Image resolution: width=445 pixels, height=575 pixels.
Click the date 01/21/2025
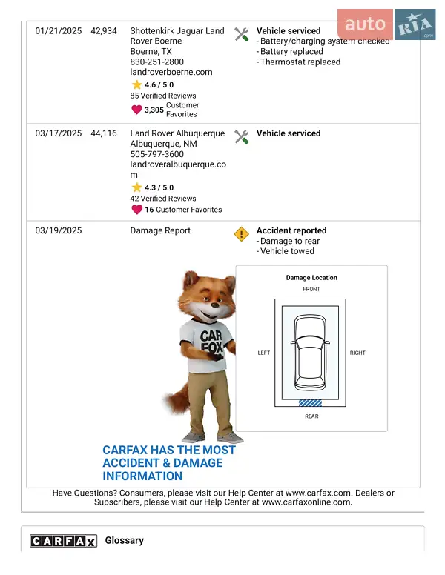(x=59, y=31)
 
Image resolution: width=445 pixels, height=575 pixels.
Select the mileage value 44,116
(x=104, y=133)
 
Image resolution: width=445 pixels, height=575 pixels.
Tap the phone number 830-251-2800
(x=156, y=62)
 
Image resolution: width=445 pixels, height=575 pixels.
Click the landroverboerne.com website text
(x=171, y=73)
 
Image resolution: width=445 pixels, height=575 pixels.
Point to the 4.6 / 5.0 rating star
(x=136, y=85)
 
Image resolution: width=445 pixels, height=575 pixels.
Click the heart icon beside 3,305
(x=136, y=110)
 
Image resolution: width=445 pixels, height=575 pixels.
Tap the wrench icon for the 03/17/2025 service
(x=241, y=136)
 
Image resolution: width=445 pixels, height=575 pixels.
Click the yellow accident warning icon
(x=241, y=234)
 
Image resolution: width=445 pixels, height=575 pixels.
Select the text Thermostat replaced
(x=300, y=62)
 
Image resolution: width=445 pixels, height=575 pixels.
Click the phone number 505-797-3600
(x=156, y=154)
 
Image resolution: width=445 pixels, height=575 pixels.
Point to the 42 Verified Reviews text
(x=163, y=199)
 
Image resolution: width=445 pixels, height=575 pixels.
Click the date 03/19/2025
(x=59, y=230)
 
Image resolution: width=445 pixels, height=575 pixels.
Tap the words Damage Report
(x=160, y=230)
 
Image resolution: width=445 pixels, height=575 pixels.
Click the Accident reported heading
(x=291, y=230)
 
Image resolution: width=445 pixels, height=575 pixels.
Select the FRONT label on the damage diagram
(x=311, y=289)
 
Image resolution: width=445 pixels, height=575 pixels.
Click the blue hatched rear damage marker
(x=311, y=403)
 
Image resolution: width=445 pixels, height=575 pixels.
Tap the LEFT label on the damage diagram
(x=264, y=353)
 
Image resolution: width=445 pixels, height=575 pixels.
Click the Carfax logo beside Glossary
(x=63, y=541)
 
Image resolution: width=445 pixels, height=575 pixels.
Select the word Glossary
(x=125, y=541)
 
